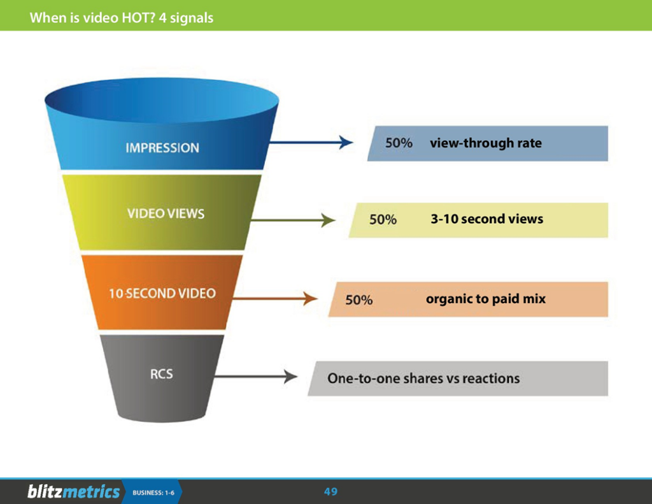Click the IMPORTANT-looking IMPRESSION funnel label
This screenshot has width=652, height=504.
(x=162, y=148)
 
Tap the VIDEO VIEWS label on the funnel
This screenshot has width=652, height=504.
(x=166, y=213)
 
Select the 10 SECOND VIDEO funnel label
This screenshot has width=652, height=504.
(x=162, y=294)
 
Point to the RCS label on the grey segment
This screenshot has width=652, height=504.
(x=161, y=374)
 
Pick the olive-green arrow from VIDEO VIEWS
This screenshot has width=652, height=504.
(x=293, y=221)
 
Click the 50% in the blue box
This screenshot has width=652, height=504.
(x=399, y=143)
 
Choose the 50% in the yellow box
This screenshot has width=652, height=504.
(x=383, y=220)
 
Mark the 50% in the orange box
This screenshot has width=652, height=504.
(x=359, y=299)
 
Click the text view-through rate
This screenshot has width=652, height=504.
(x=486, y=143)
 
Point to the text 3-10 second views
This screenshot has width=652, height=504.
(x=487, y=219)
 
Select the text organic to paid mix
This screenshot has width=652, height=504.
(x=486, y=298)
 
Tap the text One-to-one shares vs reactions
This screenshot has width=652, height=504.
(x=423, y=378)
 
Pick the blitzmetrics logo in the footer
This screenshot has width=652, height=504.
(x=73, y=492)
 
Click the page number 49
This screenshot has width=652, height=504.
(x=330, y=492)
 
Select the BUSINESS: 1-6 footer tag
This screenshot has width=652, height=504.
(x=153, y=493)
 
